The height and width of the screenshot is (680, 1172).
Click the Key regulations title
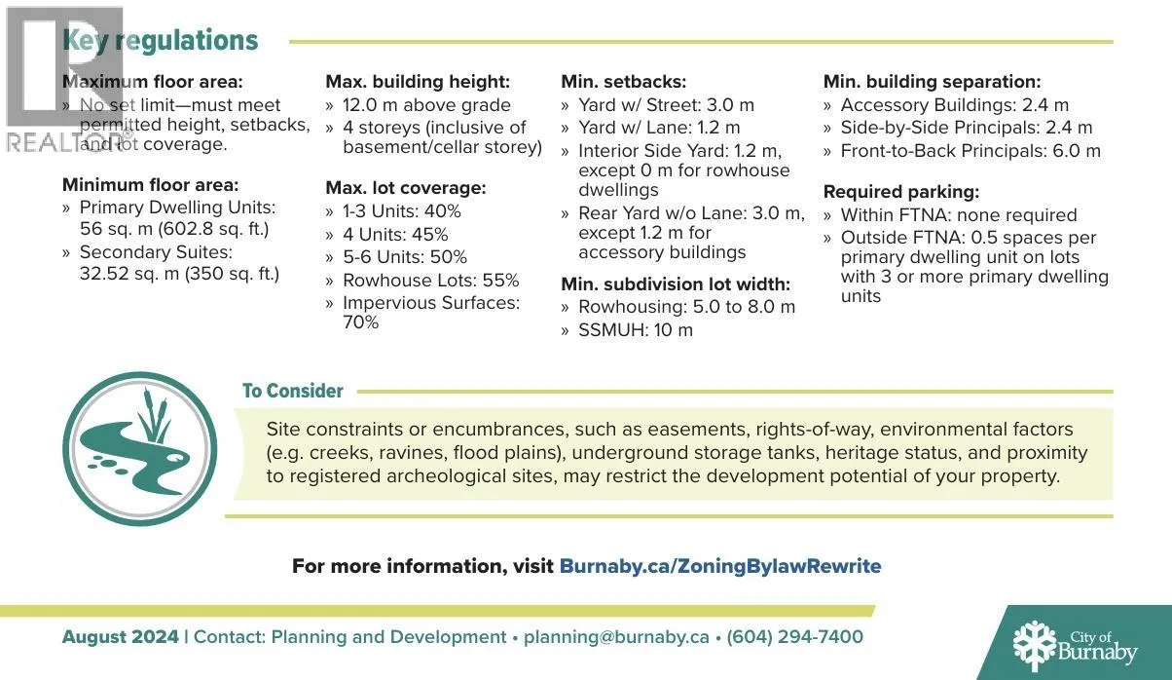click(x=161, y=41)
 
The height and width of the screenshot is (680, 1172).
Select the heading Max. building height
click(x=417, y=82)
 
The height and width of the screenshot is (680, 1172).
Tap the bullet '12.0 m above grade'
click(x=426, y=105)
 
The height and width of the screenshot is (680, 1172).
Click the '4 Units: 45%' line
click(x=395, y=235)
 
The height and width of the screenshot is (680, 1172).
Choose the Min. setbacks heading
click(x=623, y=82)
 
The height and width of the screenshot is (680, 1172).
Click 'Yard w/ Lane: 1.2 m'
click(x=659, y=128)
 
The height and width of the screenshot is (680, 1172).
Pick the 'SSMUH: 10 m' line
click(x=636, y=330)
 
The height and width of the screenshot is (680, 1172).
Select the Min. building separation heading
click(x=932, y=82)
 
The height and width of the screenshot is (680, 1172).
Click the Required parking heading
click(x=901, y=192)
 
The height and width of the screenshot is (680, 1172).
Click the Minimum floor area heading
click(x=150, y=184)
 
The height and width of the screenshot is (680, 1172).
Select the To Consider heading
click(x=292, y=391)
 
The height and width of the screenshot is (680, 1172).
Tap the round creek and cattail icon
click(x=139, y=448)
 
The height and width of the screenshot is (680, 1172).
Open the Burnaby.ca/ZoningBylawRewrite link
click(x=719, y=566)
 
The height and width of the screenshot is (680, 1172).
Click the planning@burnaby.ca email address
click(x=616, y=637)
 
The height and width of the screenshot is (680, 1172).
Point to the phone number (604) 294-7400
click(x=794, y=637)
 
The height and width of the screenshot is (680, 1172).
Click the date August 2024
click(x=120, y=637)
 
